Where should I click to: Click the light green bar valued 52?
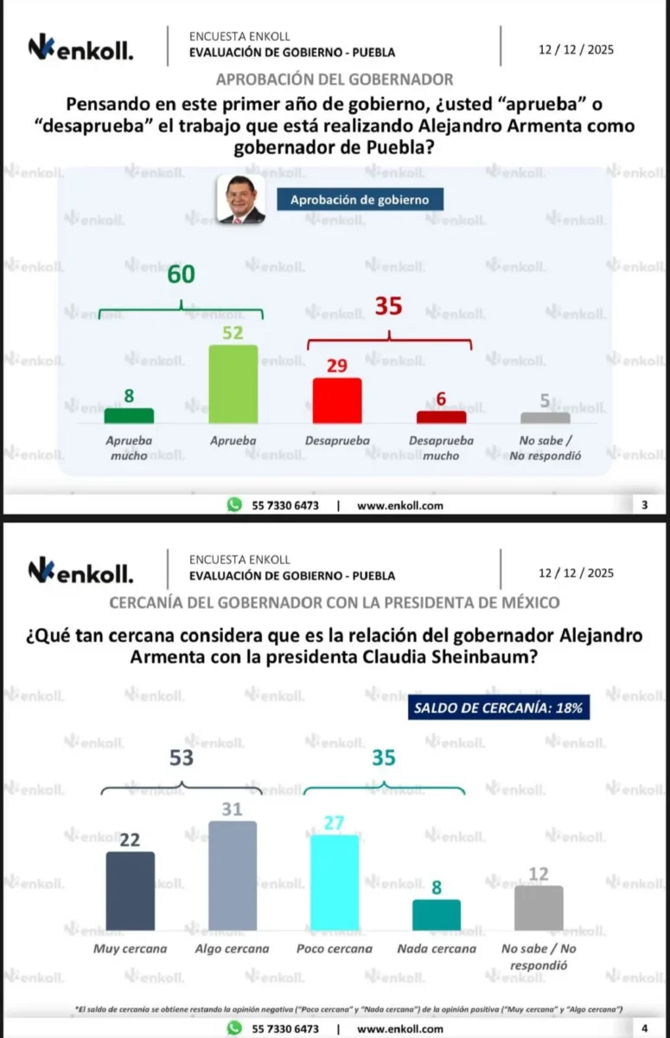pyautogui.click(x=233, y=384)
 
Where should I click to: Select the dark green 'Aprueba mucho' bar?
pyautogui.click(x=129, y=415)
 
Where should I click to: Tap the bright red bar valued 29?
pyautogui.click(x=336, y=400)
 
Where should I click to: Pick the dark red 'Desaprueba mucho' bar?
pyautogui.click(x=441, y=417)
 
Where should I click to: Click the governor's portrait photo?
pyautogui.click(x=240, y=200)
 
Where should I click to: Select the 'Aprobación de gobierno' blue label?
pyautogui.click(x=359, y=200)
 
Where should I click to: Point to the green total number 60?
pyautogui.click(x=182, y=274)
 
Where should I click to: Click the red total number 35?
pyautogui.click(x=388, y=306)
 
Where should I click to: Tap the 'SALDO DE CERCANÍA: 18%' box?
pyautogui.click(x=499, y=707)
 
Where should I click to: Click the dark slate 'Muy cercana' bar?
pyautogui.click(x=130, y=891)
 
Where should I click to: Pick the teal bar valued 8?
pyautogui.click(x=437, y=914)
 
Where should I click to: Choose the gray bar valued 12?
pyautogui.click(x=539, y=907)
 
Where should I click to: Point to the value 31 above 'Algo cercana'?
pyautogui.click(x=233, y=810)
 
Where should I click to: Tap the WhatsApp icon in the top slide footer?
pyautogui.click(x=233, y=505)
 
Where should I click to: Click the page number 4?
pyautogui.click(x=644, y=1028)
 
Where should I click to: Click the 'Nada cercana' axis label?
pyautogui.click(x=437, y=948)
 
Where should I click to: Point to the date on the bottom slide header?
pyautogui.click(x=576, y=573)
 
